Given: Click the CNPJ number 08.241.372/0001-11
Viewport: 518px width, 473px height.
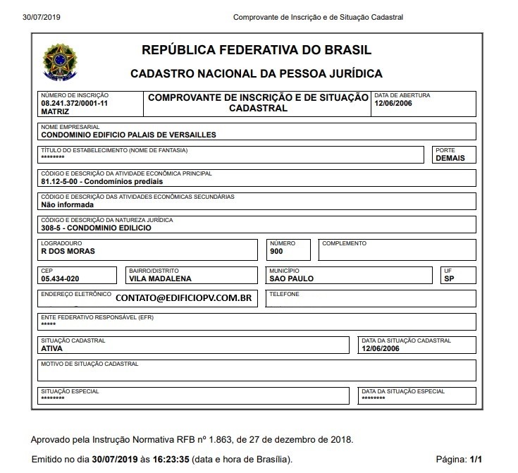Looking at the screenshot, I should coord(74,103).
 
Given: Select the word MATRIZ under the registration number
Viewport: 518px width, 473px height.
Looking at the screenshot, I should coord(55,111).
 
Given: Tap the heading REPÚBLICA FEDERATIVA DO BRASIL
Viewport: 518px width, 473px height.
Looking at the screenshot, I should coord(257,50).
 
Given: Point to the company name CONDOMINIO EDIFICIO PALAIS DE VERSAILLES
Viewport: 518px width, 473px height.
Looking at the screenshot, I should coord(128,134).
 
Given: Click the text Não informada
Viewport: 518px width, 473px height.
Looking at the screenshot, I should coord(67,205).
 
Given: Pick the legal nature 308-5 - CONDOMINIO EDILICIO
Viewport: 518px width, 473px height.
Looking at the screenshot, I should coord(96,228).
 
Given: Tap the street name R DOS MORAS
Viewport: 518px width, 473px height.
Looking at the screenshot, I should coord(68,252).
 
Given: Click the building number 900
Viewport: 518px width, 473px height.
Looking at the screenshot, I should coord(276,252).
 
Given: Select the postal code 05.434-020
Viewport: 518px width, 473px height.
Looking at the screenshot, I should coord(61,278).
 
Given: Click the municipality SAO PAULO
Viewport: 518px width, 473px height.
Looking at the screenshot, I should coord(292,278).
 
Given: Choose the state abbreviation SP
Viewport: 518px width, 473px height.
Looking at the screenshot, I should coord(449,278).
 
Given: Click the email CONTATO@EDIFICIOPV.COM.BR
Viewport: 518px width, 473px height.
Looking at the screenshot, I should coord(183,298).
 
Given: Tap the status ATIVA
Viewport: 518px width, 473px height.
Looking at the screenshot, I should coord(52,348).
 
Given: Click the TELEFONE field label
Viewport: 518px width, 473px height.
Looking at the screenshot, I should coord(284,294).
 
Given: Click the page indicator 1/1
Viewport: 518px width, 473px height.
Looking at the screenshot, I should coord(476,459).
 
